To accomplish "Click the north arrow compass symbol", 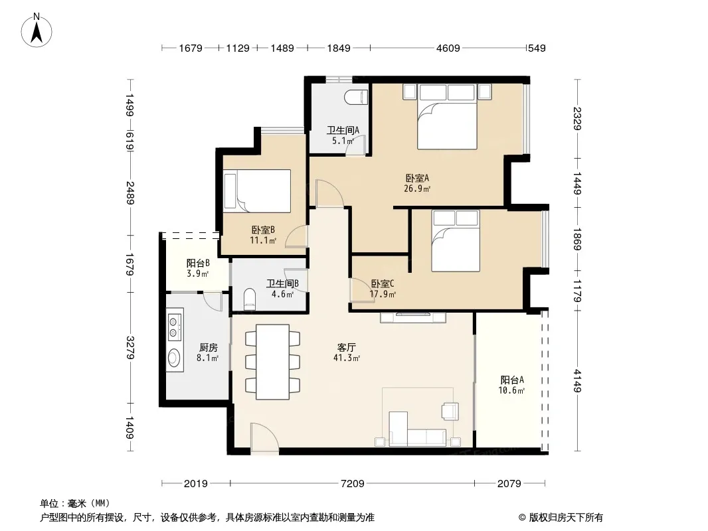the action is (x=37, y=31).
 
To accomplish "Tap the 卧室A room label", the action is (x=416, y=178).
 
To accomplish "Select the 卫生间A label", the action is (x=343, y=130).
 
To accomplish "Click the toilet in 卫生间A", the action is (x=356, y=97).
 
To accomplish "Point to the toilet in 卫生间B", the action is (x=249, y=299).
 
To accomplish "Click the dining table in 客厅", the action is (x=273, y=362).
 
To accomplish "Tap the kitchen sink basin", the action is (x=174, y=358).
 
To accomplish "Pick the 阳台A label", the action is (x=512, y=380).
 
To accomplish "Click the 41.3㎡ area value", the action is (x=346, y=358).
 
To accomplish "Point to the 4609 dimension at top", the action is (x=448, y=48).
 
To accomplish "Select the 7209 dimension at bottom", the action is (x=352, y=484).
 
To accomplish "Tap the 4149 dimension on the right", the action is (x=577, y=381).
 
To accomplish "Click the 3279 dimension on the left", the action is (x=130, y=347).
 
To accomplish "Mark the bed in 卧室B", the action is (x=258, y=191).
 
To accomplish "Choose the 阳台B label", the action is (x=198, y=263).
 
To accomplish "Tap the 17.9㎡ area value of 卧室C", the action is (x=383, y=295).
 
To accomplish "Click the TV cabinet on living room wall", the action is (x=413, y=317).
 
